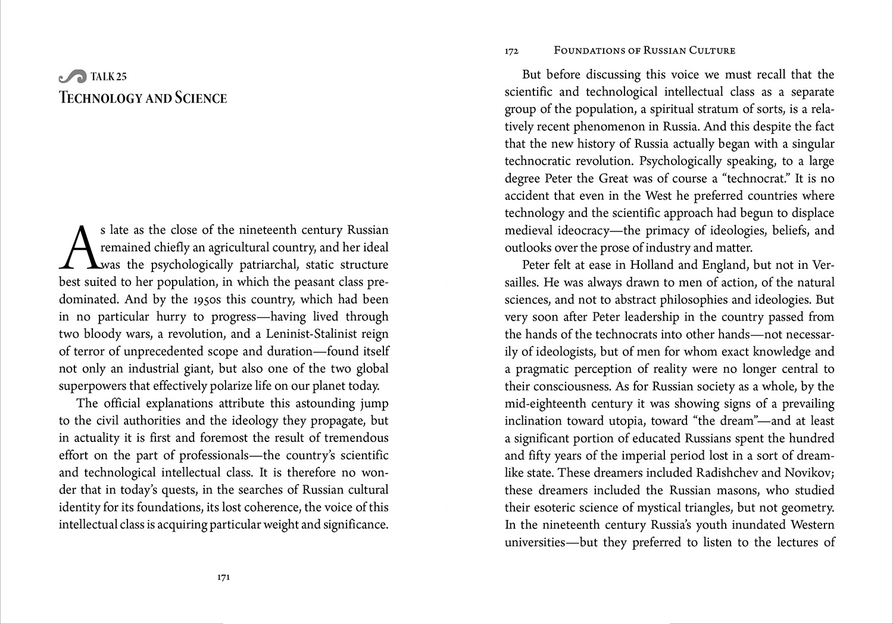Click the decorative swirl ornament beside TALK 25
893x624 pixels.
pyautogui.click(x=73, y=77)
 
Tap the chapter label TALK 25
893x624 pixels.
pyautogui.click(x=109, y=77)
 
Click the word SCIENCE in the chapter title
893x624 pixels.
pyautogui.click(x=201, y=98)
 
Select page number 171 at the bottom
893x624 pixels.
pyautogui.click(x=223, y=577)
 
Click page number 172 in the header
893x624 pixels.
pyautogui.click(x=511, y=51)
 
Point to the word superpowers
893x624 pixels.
pyautogui.click(x=95, y=385)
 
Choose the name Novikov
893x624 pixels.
pyautogui.click(x=809, y=473)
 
